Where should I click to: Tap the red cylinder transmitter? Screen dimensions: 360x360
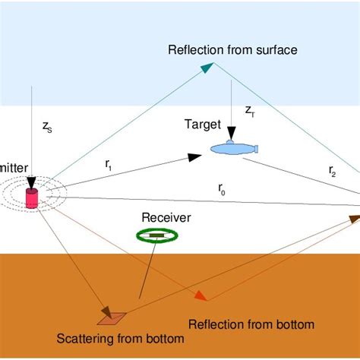pos(32,199)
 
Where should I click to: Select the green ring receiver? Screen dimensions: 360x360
pos(156,237)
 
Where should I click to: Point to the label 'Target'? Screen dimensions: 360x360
pos(202,124)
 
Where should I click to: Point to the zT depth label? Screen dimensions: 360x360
pos(250,111)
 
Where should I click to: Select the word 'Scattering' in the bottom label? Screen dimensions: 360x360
pos(84,338)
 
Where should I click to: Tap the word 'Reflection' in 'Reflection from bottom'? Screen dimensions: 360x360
pos(216,324)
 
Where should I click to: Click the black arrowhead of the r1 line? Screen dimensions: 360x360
pos(195,157)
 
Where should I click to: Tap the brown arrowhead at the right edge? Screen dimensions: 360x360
pos(354,219)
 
